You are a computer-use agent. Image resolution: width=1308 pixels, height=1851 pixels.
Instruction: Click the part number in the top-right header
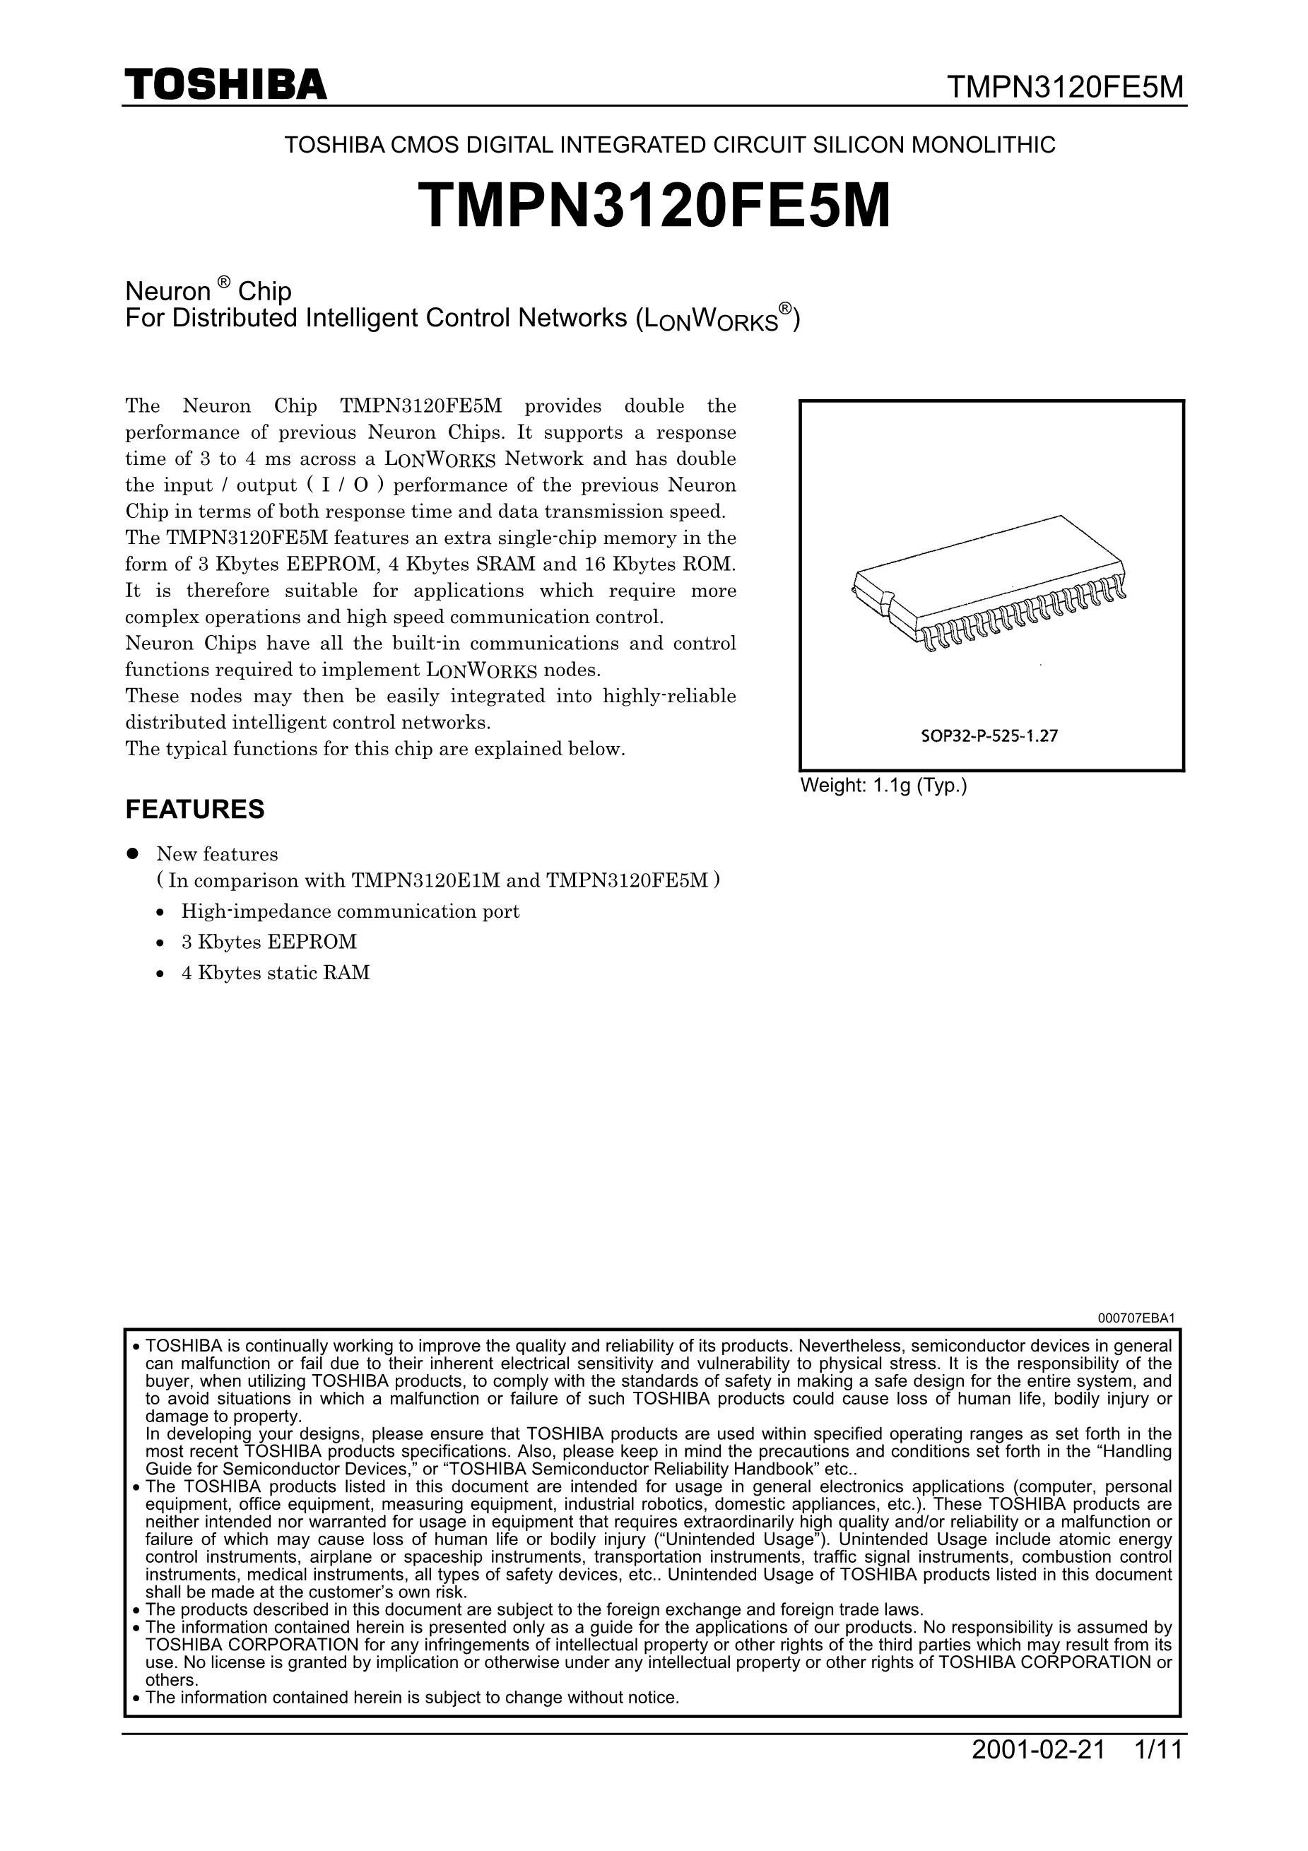(1064, 86)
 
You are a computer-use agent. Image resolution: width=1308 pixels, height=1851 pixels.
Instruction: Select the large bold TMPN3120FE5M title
(654, 206)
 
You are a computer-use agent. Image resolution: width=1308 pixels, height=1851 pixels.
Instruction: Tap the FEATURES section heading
(194, 810)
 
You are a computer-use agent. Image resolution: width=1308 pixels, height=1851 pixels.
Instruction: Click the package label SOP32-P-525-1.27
(989, 735)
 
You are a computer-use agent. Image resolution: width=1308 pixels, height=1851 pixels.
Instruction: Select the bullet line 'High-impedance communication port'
(350, 912)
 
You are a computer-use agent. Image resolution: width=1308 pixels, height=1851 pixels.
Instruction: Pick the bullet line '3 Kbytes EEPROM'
(269, 942)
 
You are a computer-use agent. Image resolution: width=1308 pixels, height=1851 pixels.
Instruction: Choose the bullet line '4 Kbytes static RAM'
(275, 972)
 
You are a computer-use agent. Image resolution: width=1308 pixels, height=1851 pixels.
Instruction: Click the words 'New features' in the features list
(217, 853)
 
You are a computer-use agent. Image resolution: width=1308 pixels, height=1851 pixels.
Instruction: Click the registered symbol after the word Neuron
(224, 281)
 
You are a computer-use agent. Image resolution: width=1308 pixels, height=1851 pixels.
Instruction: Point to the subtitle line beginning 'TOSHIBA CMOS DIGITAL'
(669, 145)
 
